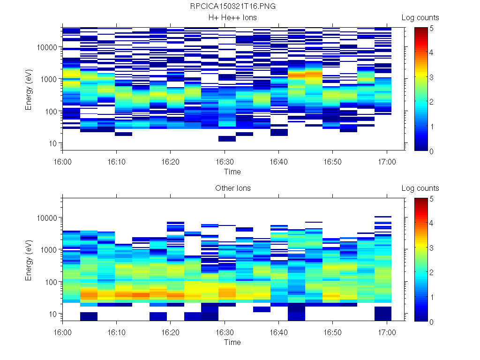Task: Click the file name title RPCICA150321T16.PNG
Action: [233, 7]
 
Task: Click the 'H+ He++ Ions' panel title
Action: [233, 18]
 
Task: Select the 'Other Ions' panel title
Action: [233, 188]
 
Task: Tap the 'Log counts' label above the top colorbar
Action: [420, 18]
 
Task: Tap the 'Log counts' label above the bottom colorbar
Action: [420, 188]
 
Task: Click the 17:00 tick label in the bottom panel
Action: [386, 332]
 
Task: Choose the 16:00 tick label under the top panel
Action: [63, 161]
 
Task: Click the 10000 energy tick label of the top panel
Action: [47, 47]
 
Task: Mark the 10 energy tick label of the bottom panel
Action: [53, 314]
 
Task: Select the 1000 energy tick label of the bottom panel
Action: [49, 250]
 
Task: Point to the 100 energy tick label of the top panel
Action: [51, 111]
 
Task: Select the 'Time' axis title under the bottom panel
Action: [232, 342]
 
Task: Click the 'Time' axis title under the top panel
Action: [232, 172]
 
